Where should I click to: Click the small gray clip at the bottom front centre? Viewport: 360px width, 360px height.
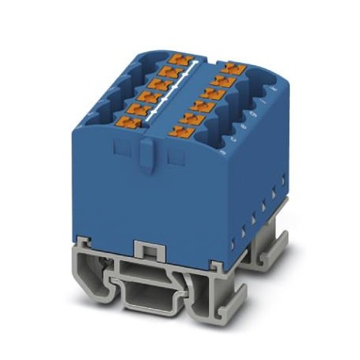coord(143,249)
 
